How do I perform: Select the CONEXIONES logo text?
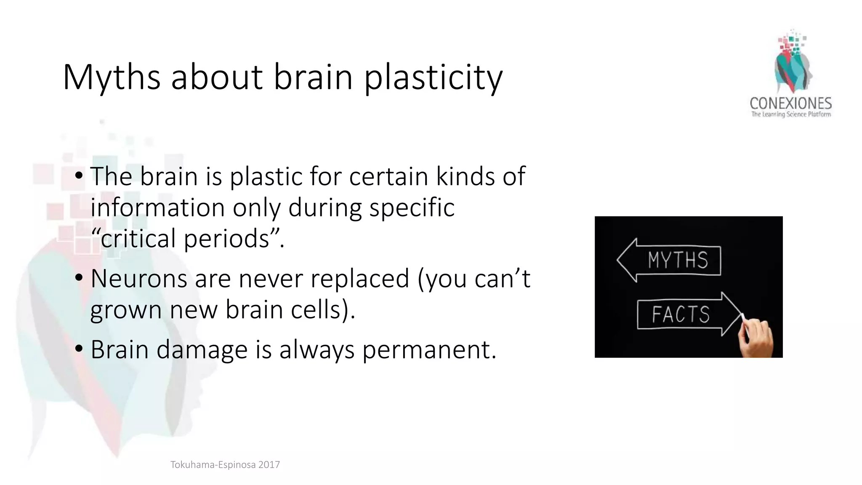click(790, 103)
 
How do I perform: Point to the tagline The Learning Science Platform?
click(791, 114)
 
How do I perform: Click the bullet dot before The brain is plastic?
click(79, 176)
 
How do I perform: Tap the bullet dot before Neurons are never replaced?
click(79, 278)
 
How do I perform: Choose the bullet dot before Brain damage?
click(79, 349)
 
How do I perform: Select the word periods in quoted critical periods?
click(227, 238)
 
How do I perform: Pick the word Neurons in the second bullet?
click(139, 278)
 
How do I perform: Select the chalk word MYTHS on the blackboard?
click(678, 260)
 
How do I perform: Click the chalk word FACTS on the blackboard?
click(681, 314)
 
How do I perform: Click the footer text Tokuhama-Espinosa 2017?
click(225, 465)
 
